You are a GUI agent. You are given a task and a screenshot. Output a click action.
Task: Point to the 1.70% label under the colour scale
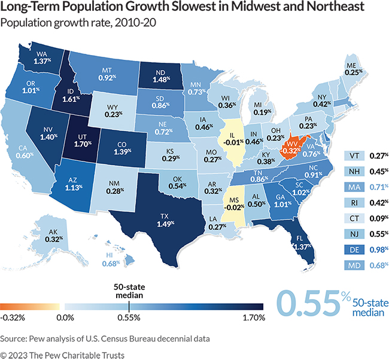click(x=253, y=318)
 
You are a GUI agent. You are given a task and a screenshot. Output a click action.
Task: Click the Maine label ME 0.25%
click(x=354, y=69)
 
